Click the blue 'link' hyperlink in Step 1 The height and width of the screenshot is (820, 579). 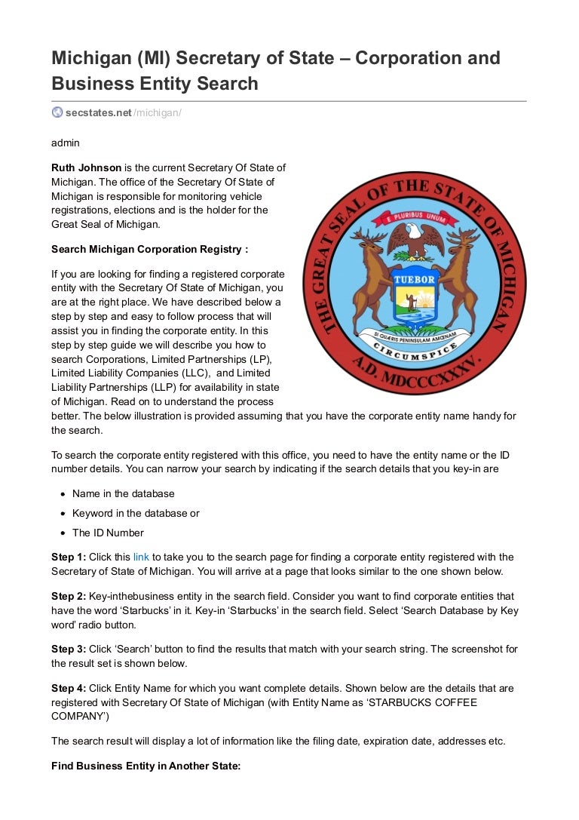click(141, 557)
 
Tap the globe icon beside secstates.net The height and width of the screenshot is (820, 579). click(57, 112)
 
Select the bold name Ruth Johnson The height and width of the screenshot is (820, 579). click(86, 167)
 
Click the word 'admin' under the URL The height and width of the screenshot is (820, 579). click(66, 143)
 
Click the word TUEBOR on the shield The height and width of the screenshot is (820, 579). click(414, 278)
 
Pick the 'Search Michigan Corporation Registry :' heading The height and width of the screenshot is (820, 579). click(149, 249)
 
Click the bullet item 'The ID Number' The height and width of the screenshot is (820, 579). click(108, 533)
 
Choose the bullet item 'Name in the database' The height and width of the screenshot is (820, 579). click(123, 493)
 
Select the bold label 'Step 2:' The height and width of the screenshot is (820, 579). click(69, 597)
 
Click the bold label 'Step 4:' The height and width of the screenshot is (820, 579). click(69, 689)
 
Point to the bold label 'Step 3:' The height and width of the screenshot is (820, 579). click(69, 650)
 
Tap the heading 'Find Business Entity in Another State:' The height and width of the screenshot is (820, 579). click(146, 766)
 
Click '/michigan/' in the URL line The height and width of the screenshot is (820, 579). click(158, 113)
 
